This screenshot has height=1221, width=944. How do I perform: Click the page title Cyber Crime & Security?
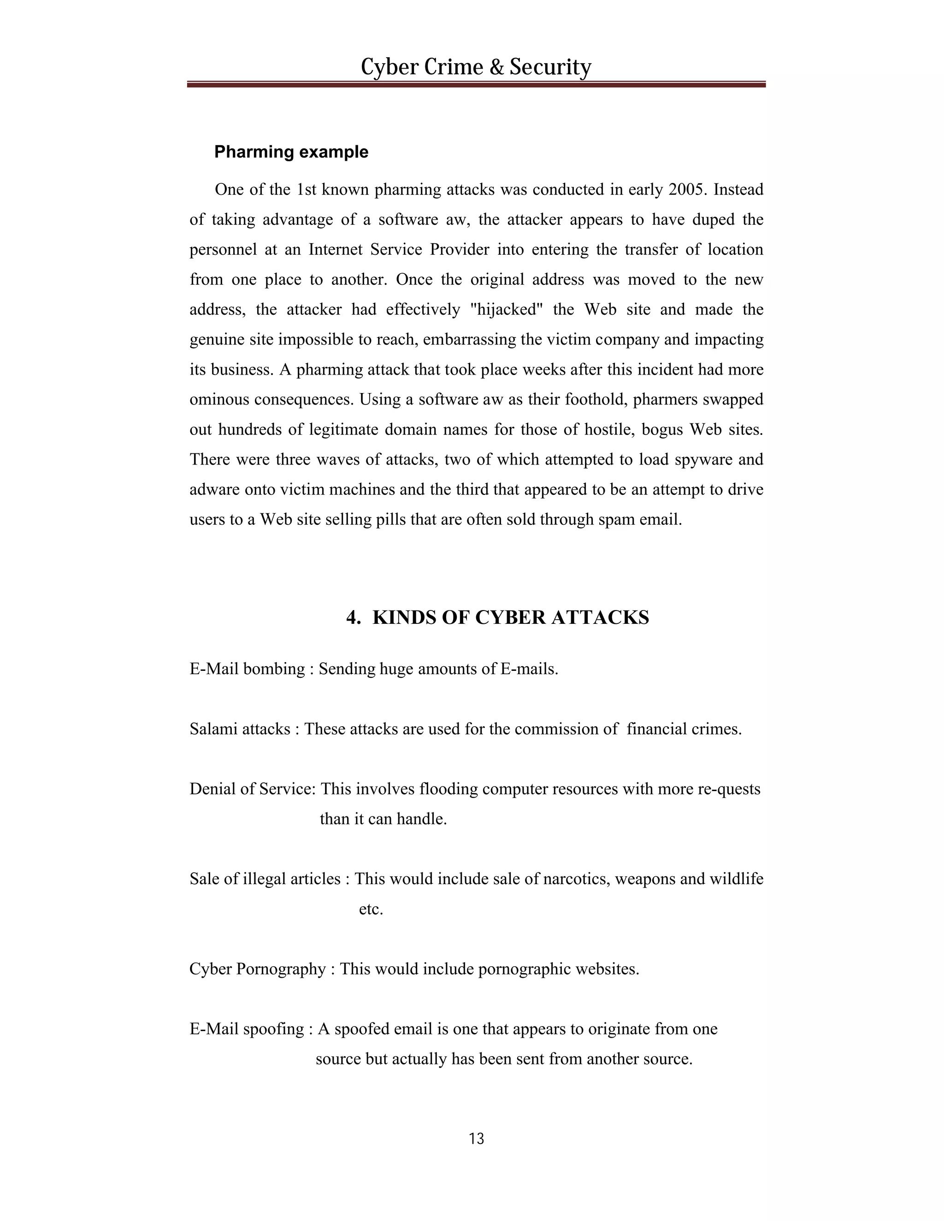(475, 67)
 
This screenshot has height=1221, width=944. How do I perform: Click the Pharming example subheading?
(291, 152)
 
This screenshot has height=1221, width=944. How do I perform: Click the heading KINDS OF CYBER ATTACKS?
(510, 618)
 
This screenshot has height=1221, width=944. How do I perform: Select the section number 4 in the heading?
(352, 618)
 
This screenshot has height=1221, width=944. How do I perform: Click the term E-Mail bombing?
(247, 669)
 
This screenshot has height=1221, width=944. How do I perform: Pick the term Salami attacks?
(240, 729)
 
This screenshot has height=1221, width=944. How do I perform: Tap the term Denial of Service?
(252, 789)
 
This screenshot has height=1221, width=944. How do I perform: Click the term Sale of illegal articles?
(265, 879)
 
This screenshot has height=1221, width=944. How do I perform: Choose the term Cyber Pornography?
(257, 969)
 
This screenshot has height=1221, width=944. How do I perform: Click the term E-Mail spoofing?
(247, 1029)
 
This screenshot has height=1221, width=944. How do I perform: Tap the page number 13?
(477, 1139)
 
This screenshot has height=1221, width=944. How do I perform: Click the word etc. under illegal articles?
(371, 909)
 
